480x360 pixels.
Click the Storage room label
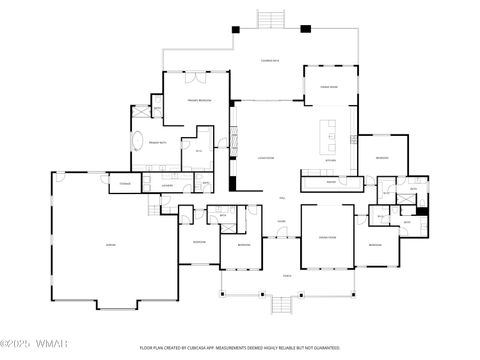(x=126, y=183)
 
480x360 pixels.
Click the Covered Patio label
(x=269, y=60)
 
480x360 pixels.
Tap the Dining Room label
(x=329, y=88)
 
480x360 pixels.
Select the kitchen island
(x=327, y=131)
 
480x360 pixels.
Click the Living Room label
(x=266, y=158)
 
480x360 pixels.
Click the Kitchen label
(x=330, y=159)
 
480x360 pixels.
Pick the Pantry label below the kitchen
(x=330, y=182)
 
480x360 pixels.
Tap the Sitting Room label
(x=326, y=237)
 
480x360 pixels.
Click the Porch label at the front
(x=287, y=276)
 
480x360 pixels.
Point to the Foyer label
(x=282, y=221)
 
